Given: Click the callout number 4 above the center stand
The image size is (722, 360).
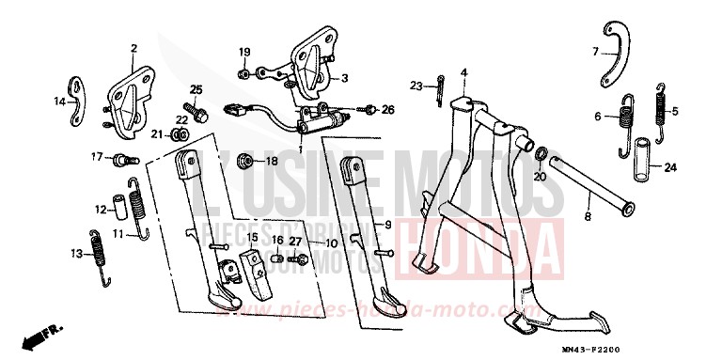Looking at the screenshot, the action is click(x=463, y=72).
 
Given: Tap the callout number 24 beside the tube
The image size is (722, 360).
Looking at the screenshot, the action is click(x=669, y=168).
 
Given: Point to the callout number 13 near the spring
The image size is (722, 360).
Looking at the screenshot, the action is click(x=74, y=253).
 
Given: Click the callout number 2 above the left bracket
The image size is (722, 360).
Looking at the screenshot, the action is click(x=133, y=48).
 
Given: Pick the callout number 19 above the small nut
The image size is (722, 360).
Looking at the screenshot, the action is click(x=243, y=51).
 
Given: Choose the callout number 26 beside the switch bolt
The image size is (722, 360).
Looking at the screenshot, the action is click(x=387, y=110).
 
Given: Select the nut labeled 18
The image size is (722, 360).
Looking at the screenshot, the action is click(x=243, y=160).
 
